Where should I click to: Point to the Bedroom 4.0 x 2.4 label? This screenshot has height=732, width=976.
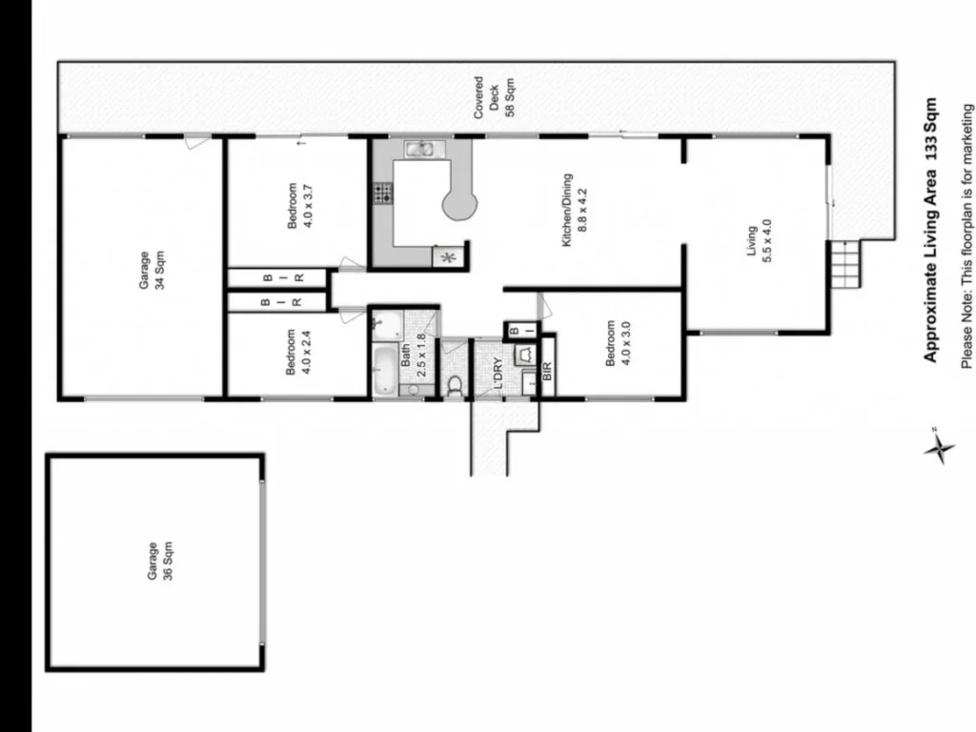pos(298,353)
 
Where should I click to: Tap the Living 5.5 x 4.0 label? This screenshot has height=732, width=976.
pos(758,243)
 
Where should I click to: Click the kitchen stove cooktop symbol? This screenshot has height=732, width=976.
pos(384,194)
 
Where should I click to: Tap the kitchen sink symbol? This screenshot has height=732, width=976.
pos(418,149)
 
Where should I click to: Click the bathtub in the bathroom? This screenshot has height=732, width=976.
pos(384,371)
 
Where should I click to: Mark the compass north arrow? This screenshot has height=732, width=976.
pos(939,446)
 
